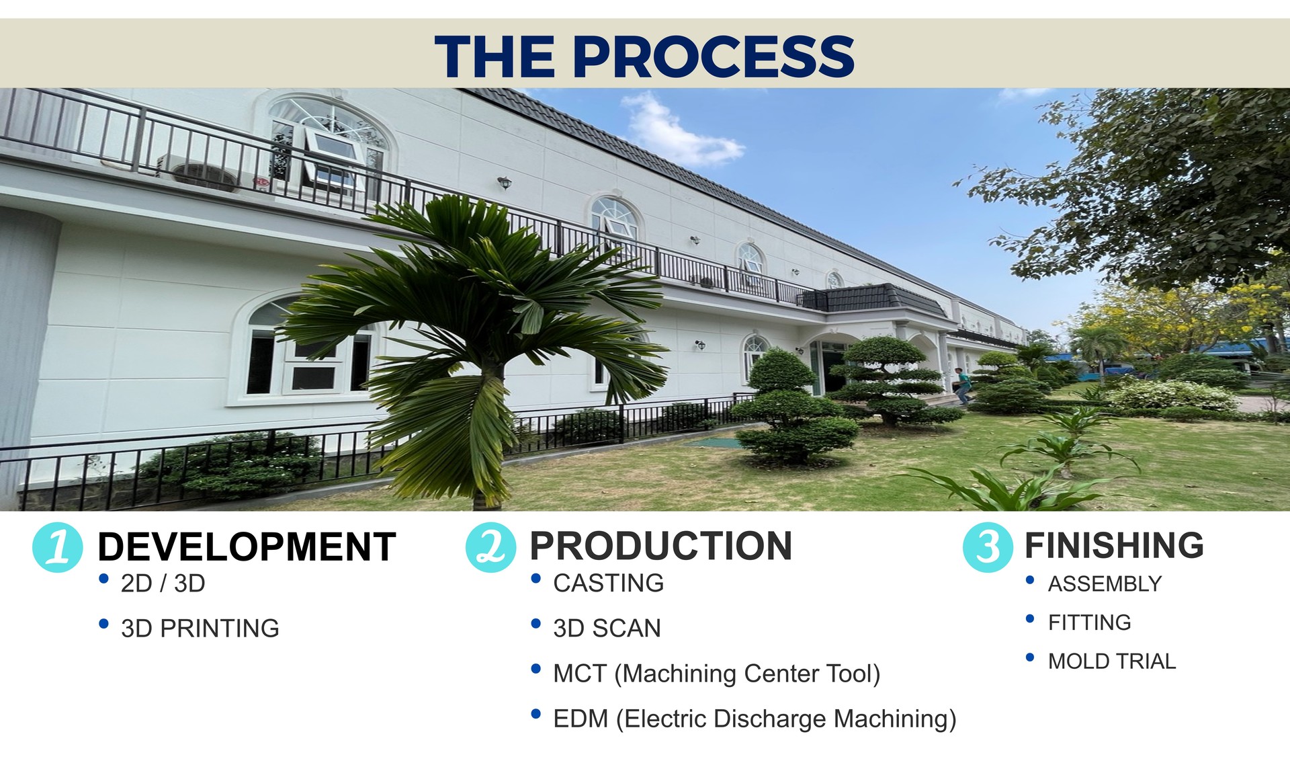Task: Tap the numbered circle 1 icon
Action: (x=58, y=547)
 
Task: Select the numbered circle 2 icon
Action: (x=490, y=547)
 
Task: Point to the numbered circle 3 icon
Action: (x=988, y=547)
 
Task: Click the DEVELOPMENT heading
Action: (x=247, y=547)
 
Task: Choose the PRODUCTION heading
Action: (x=661, y=546)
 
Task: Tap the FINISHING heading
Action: (x=1114, y=545)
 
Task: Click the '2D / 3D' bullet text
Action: (x=163, y=583)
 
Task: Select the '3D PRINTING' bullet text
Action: (x=200, y=629)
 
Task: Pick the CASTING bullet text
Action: (x=609, y=583)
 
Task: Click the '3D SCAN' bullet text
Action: (x=607, y=629)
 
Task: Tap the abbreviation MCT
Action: (x=580, y=674)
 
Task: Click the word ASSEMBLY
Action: (x=1105, y=584)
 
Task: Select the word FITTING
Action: (x=1090, y=622)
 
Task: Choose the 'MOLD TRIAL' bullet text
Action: (x=1112, y=661)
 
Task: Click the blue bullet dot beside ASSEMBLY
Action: (x=1030, y=580)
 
